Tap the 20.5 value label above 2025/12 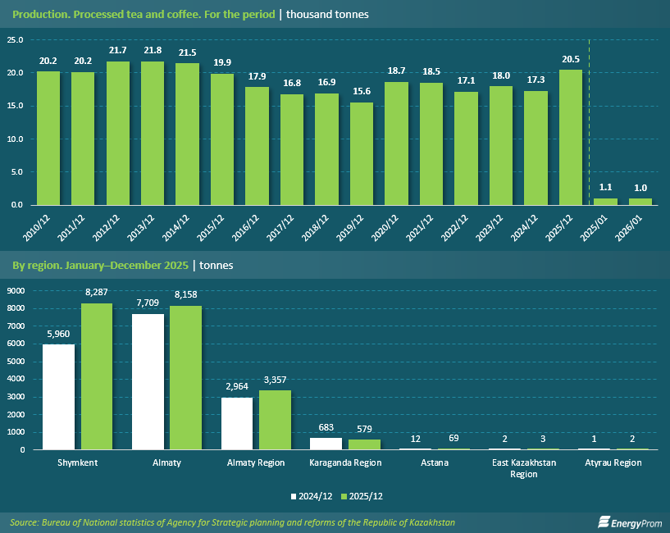[571, 60]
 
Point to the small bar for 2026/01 [640, 201]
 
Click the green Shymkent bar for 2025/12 [96, 376]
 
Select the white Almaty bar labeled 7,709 [148, 381]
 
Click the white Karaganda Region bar [326, 444]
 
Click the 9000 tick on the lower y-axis [16, 290]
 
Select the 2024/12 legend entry [312, 496]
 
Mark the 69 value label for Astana [454, 438]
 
